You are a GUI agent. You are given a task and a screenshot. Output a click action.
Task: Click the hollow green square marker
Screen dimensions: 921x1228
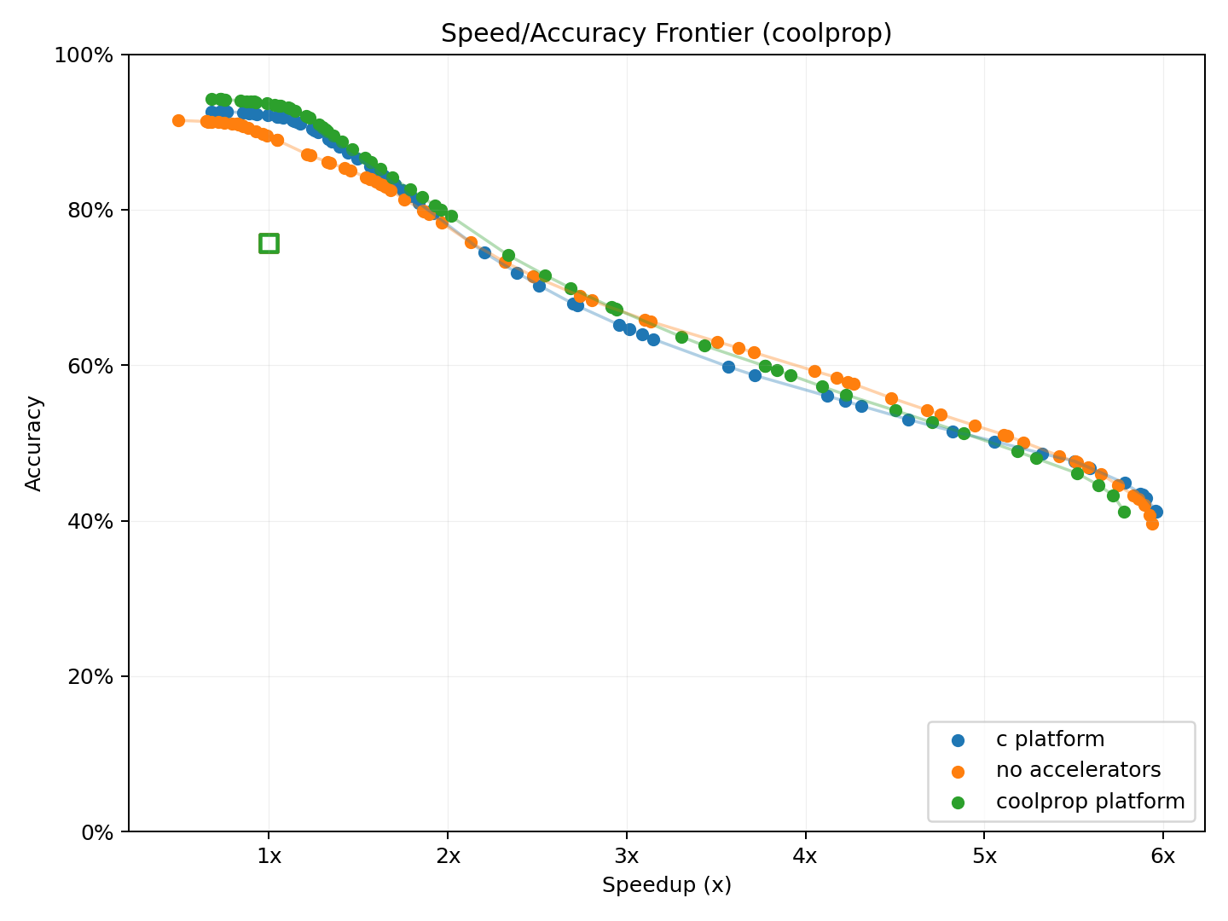(x=269, y=243)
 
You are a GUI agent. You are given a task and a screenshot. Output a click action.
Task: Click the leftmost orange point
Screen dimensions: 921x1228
(x=178, y=120)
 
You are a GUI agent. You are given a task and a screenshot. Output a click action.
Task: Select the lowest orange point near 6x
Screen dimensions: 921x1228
(x=1152, y=524)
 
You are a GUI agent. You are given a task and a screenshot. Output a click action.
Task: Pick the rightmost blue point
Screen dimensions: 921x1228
(x=1156, y=512)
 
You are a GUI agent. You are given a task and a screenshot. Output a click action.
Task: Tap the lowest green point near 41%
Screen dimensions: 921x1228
(x=1124, y=512)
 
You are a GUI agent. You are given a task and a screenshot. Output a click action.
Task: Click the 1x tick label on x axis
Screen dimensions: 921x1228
(x=269, y=856)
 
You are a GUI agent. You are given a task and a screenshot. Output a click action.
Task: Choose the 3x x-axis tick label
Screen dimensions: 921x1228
(x=627, y=856)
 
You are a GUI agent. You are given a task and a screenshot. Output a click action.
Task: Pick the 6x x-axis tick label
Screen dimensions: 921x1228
(x=1163, y=856)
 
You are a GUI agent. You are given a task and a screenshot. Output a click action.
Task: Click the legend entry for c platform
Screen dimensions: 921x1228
(x=1049, y=739)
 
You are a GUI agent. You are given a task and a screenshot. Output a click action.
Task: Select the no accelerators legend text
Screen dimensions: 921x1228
(x=1078, y=770)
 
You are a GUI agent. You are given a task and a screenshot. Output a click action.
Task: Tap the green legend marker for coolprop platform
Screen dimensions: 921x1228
(x=958, y=802)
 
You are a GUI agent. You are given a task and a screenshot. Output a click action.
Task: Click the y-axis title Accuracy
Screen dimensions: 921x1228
(x=34, y=443)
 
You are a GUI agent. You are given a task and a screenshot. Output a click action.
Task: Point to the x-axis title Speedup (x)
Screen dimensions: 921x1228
(x=666, y=885)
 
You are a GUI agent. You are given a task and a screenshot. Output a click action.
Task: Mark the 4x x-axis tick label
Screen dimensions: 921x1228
(x=805, y=856)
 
